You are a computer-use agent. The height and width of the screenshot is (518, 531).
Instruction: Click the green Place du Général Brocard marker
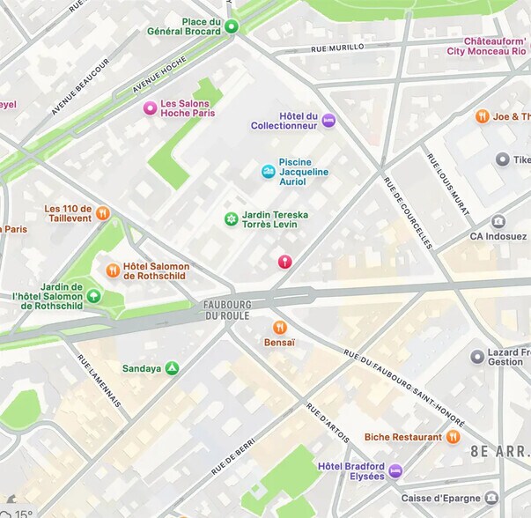tap(232, 26)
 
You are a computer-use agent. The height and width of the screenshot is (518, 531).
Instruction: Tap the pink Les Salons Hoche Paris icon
tap(150, 108)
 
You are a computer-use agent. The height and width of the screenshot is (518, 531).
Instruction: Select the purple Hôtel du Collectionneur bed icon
tap(328, 121)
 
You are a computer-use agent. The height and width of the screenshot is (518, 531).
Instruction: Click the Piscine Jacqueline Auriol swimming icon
tap(268, 172)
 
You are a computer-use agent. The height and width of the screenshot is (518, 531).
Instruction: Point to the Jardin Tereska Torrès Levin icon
tap(231, 218)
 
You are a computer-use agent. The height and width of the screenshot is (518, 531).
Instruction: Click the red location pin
tap(284, 262)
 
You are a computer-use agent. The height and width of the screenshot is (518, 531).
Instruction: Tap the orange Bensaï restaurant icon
tap(280, 327)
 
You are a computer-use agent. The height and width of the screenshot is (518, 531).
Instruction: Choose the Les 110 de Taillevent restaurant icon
tap(103, 212)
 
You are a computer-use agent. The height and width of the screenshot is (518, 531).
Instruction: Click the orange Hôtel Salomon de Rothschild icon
tap(113, 270)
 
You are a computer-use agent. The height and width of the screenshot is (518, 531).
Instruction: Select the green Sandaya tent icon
tap(173, 368)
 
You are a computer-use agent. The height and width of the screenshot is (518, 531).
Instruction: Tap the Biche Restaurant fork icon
tap(454, 437)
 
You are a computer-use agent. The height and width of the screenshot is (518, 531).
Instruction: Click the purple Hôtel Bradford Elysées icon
tap(395, 470)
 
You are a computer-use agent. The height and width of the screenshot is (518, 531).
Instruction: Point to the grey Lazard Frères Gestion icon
tap(477, 356)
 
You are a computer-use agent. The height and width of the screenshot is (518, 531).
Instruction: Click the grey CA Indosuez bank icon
tap(498, 221)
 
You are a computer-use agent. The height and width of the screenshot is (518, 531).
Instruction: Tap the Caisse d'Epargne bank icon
tap(491, 498)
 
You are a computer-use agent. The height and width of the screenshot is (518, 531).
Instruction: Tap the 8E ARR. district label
tap(500, 451)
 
